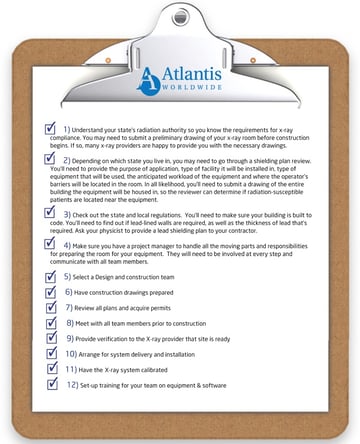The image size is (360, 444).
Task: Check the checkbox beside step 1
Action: [x=50, y=128]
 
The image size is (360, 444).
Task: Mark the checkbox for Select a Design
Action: [x=51, y=275]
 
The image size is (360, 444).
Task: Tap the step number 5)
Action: [x=69, y=276]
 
